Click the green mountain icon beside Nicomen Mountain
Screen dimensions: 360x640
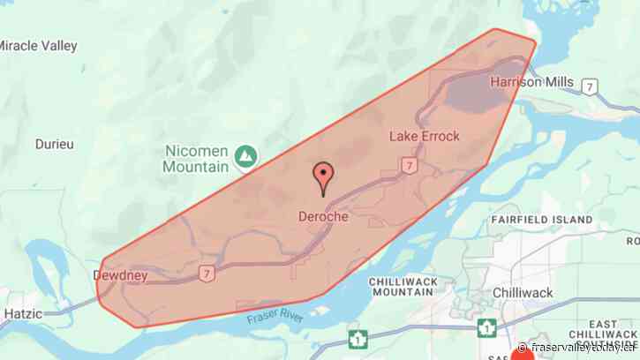click(245, 158)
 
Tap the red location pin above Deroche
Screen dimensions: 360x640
click(323, 176)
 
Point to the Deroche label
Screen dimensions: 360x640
click(323, 215)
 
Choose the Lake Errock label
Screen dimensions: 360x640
click(425, 137)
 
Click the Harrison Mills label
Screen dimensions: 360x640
click(531, 83)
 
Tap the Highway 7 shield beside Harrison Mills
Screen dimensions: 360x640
click(590, 86)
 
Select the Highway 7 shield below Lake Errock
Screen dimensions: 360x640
click(409, 165)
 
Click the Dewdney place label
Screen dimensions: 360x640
click(120, 276)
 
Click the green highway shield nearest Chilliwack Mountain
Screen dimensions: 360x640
click(358, 338)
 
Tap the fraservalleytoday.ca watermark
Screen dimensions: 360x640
click(578, 348)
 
